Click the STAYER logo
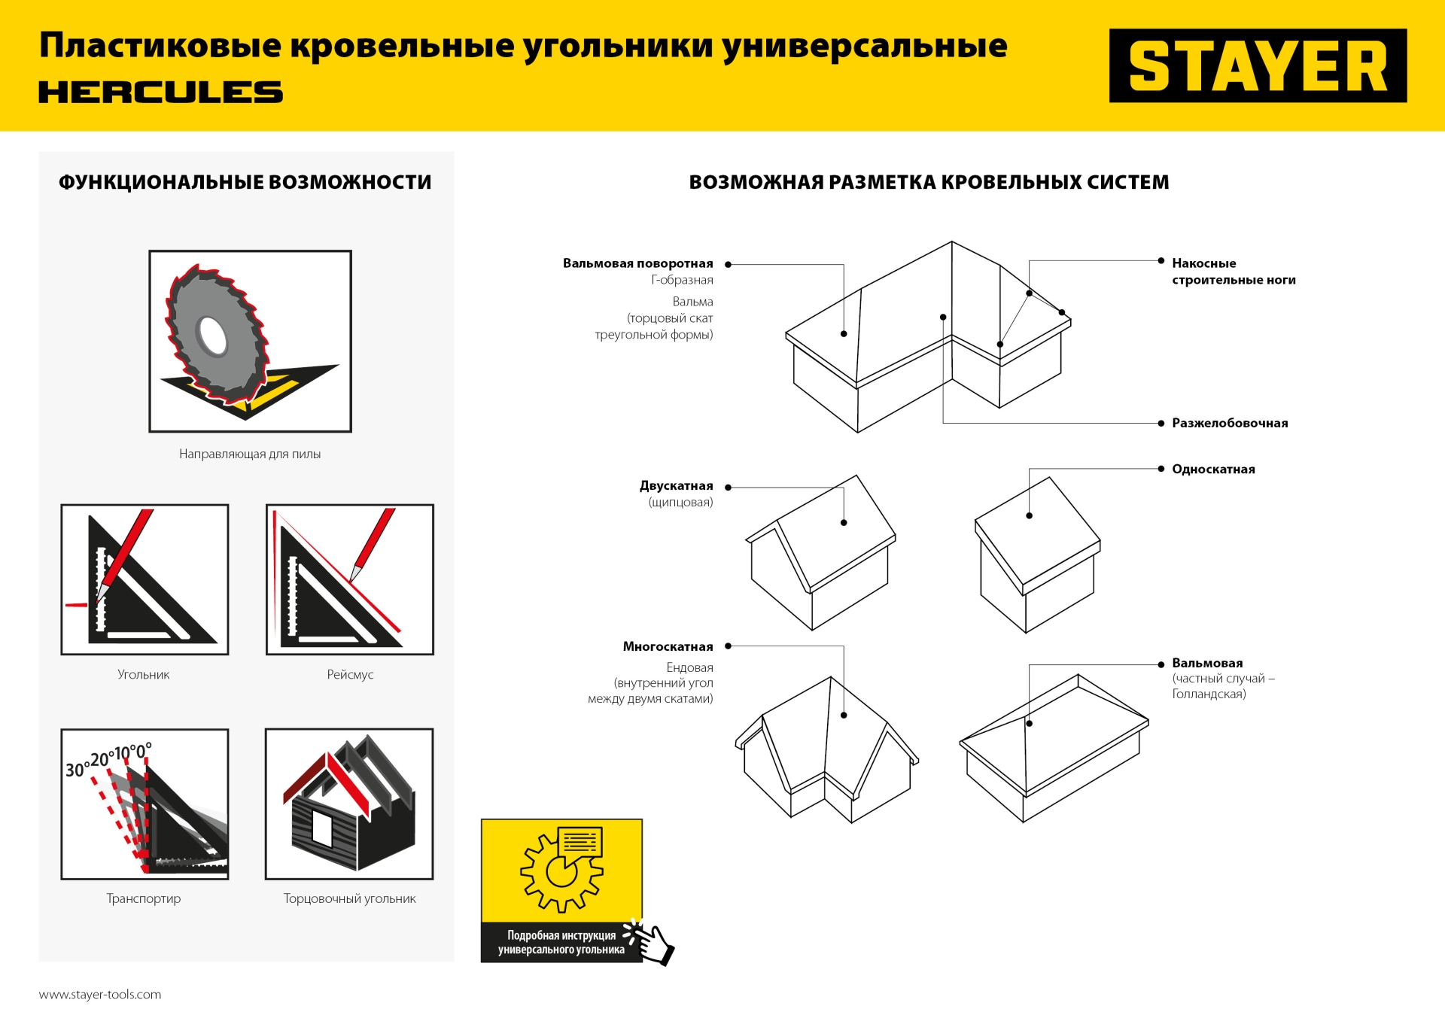click(x=1257, y=66)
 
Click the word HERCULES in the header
click(x=160, y=93)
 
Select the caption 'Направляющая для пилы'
click(x=250, y=454)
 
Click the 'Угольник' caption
click(x=144, y=675)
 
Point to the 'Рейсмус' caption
click(x=350, y=675)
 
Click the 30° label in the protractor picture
click(x=75, y=770)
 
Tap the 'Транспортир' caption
click(x=144, y=898)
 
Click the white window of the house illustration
click(x=322, y=829)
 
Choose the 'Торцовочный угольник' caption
click(x=349, y=898)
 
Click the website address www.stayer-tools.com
click(x=100, y=995)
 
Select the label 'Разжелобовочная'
click(x=1230, y=424)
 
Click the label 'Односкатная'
click(x=1213, y=469)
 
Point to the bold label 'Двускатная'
click(x=676, y=486)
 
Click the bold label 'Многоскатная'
click(x=668, y=647)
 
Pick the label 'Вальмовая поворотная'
click(x=637, y=263)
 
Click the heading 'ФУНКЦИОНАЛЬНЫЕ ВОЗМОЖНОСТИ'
click(x=245, y=183)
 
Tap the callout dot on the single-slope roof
click(x=1029, y=516)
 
